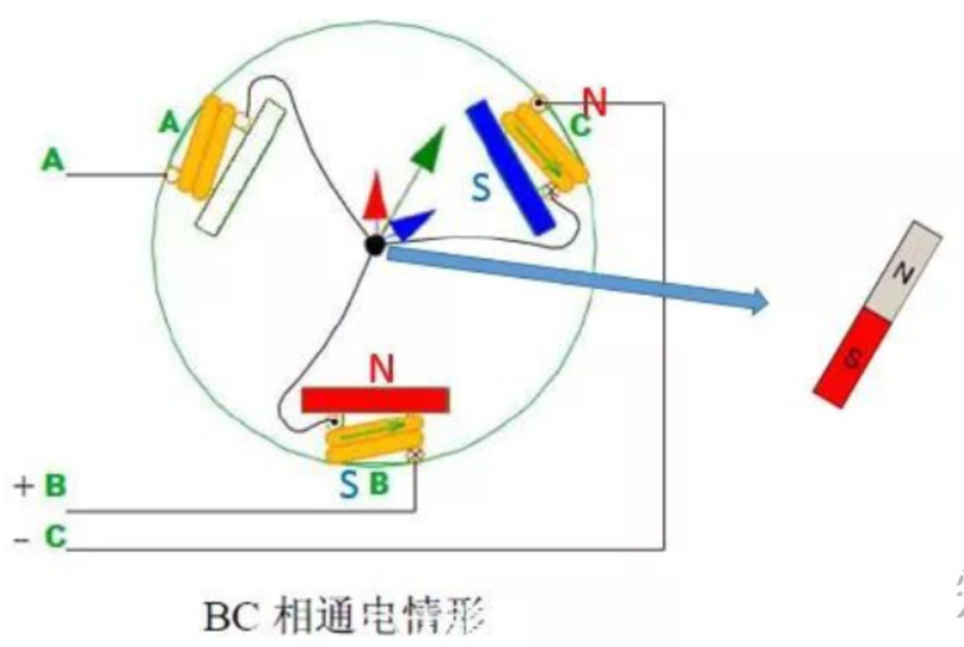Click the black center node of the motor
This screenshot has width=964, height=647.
pos(375,245)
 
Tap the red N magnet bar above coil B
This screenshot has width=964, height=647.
pos(375,400)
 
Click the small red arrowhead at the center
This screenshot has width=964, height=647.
pos(375,198)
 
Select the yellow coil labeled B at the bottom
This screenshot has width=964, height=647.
pos(374,439)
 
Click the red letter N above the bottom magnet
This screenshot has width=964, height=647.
pos(381,369)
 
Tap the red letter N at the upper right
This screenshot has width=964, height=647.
pos(594,103)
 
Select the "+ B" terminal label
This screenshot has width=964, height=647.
pos(41,485)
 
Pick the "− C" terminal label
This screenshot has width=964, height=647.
pos(41,538)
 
